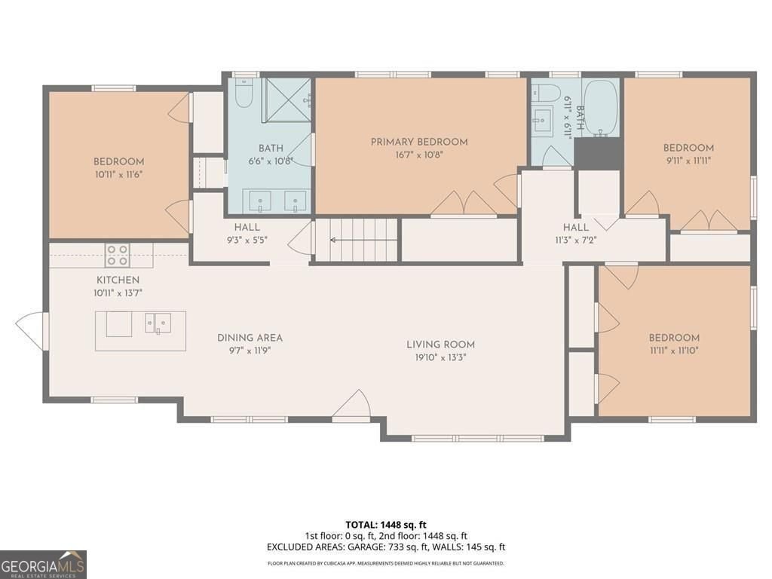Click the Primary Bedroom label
(x=419, y=142)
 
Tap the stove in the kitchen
(x=117, y=256)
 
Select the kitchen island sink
(x=159, y=323)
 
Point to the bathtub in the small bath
(x=601, y=108)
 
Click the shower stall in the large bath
(x=286, y=100)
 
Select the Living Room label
(x=440, y=345)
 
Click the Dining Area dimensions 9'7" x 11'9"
(x=250, y=351)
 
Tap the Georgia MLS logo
(x=43, y=564)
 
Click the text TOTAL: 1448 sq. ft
(x=386, y=525)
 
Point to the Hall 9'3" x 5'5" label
(x=247, y=227)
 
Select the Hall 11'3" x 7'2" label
(x=576, y=227)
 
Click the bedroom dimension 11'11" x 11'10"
(x=674, y=351)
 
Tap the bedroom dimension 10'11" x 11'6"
(x=118, y=174)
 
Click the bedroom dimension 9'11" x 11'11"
(x=688, y=161)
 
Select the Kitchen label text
(x=117, y=280)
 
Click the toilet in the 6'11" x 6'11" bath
(x=545, y=93)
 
